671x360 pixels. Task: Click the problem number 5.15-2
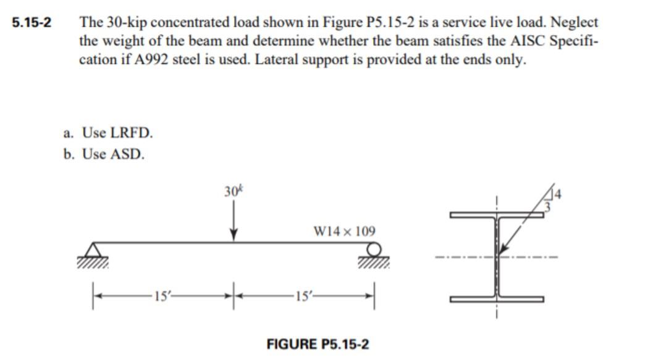(32, 22)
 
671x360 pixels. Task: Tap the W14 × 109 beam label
(344, 232)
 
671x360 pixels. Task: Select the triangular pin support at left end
(93, 249)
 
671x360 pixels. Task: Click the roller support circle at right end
(373, 249)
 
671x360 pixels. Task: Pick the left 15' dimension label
(162, 295)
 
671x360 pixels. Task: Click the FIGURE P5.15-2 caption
(317, 344)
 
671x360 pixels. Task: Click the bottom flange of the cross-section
(497, 299)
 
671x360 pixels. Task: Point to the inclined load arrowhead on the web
(503, 249)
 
